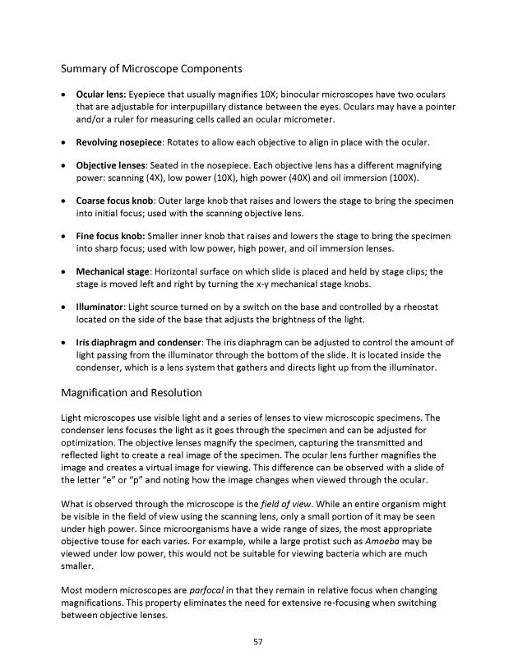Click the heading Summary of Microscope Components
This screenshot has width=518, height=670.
pos(151,67)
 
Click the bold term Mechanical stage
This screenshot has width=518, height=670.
pos(111,271)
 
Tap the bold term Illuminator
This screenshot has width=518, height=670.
pos(99,307)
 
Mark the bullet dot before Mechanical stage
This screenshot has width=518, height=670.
pos(64,271)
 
